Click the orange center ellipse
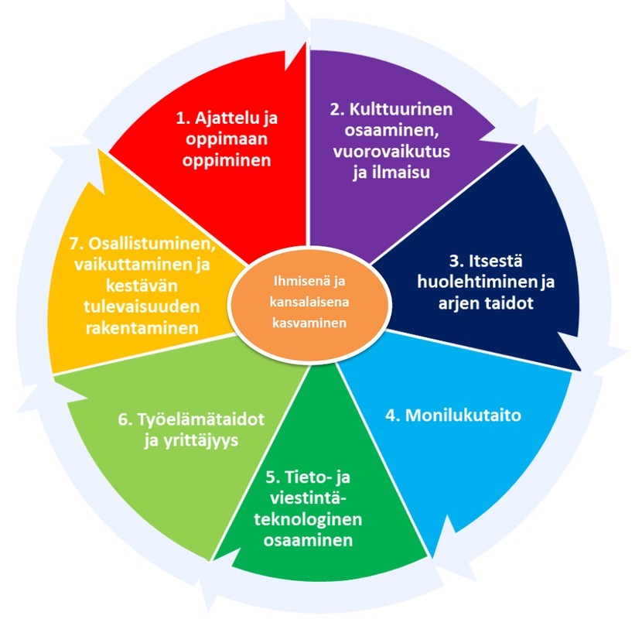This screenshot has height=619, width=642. coord(309,303)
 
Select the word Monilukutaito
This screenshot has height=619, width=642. coord(463,416)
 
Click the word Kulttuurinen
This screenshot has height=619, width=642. coord(401,109)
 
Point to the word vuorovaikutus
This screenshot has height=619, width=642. coord(391,151)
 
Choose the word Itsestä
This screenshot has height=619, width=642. coord(496,261)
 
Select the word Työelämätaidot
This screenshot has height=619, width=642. coord(201,419)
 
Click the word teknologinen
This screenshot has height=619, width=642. coord(308,519)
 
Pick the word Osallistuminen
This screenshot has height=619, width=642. coord(152,243)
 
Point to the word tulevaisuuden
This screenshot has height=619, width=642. coord(142,306)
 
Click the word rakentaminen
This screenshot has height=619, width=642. coord(142,328)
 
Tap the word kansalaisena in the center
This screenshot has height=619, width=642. coord(309,303)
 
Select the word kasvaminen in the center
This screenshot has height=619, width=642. coord(309,323)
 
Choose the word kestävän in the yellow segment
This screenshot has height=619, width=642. coord(142,286)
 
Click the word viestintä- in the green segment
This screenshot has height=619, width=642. coord(308,498)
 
